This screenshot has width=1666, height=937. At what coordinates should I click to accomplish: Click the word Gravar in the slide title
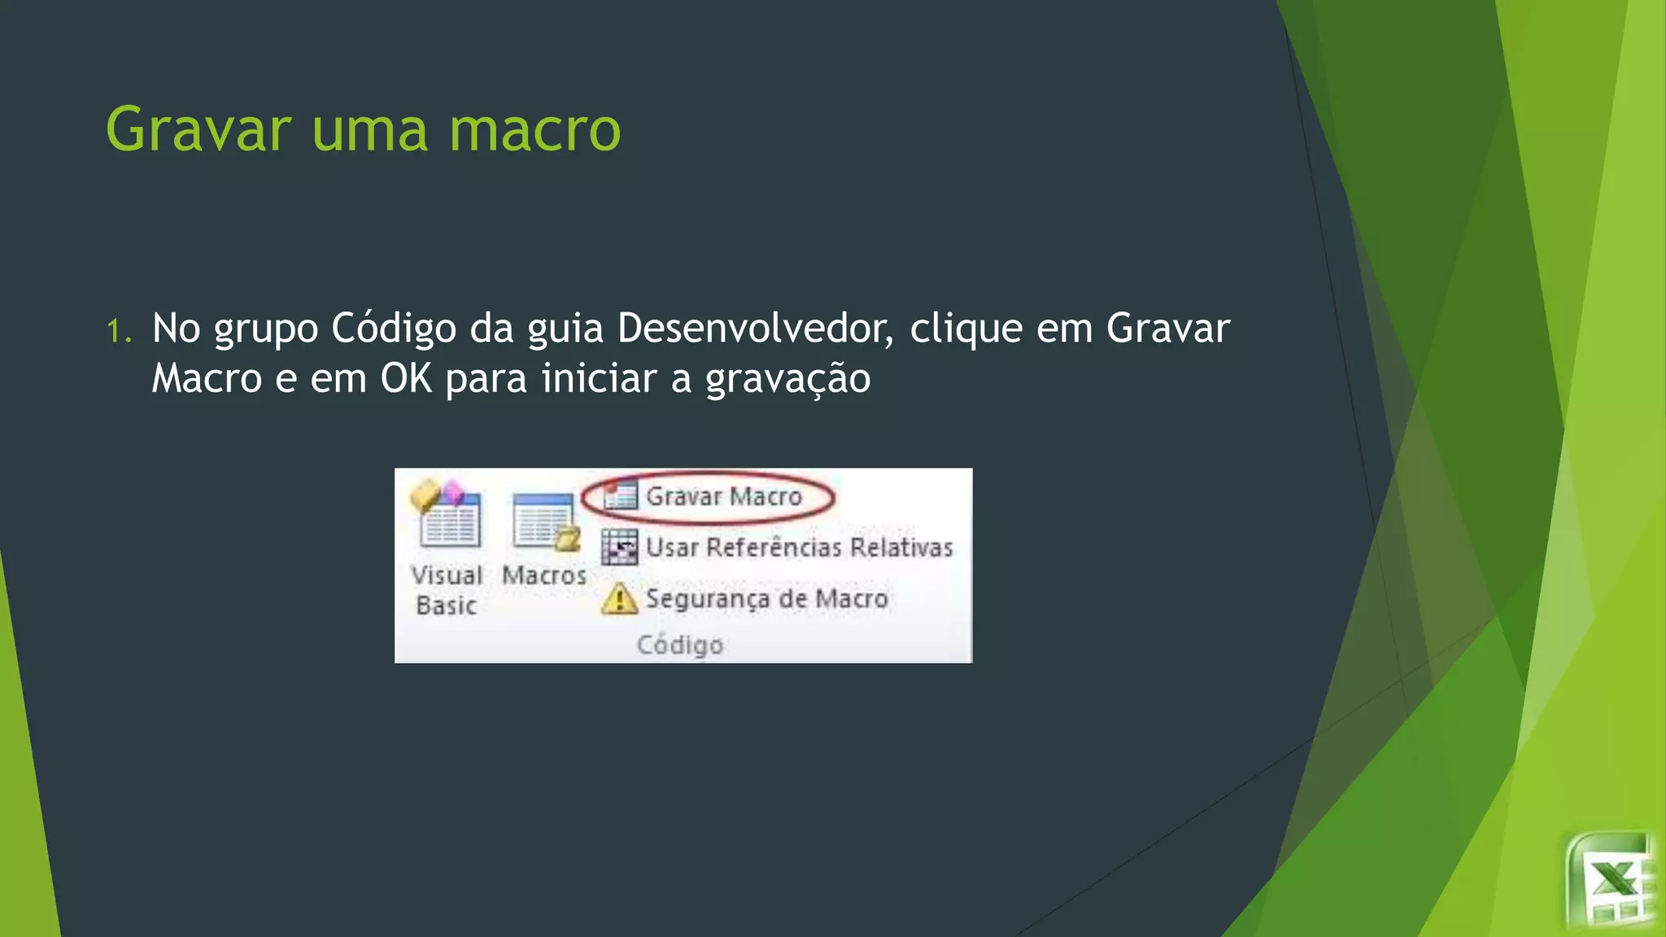198,130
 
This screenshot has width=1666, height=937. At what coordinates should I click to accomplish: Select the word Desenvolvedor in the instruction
755,329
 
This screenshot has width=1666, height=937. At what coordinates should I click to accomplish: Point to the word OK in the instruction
406,378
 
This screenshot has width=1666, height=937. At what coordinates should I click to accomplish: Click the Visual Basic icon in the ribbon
447,514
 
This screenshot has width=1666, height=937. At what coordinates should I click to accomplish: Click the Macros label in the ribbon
544,575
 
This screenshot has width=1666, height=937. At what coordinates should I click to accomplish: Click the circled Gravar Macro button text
724,496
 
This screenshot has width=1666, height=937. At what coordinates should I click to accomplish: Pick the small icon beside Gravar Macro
620,495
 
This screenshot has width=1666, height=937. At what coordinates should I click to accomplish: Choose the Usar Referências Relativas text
799,547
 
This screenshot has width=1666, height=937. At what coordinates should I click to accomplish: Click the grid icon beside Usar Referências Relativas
620,547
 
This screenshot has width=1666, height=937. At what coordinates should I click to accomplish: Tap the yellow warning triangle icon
620,599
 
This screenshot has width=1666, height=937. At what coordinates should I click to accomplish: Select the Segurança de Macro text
766,599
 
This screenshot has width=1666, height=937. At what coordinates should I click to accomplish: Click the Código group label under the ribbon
680,645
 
